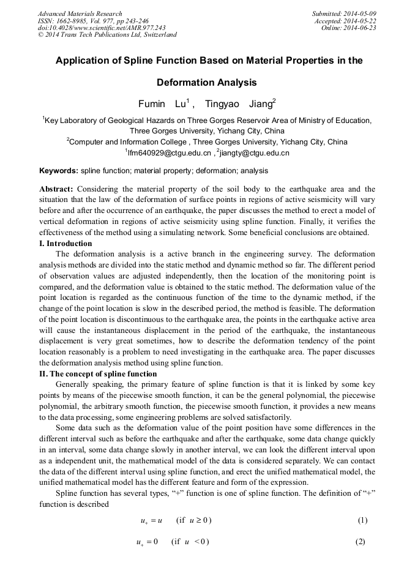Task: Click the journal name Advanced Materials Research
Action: (80, 13)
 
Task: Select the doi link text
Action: (102, 28)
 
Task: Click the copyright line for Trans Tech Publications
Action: (107, 35)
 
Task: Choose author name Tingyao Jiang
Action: (239, 104)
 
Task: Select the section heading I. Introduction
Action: (66, 244)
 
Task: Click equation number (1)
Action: (362, 521)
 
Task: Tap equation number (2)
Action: (362, 543)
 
